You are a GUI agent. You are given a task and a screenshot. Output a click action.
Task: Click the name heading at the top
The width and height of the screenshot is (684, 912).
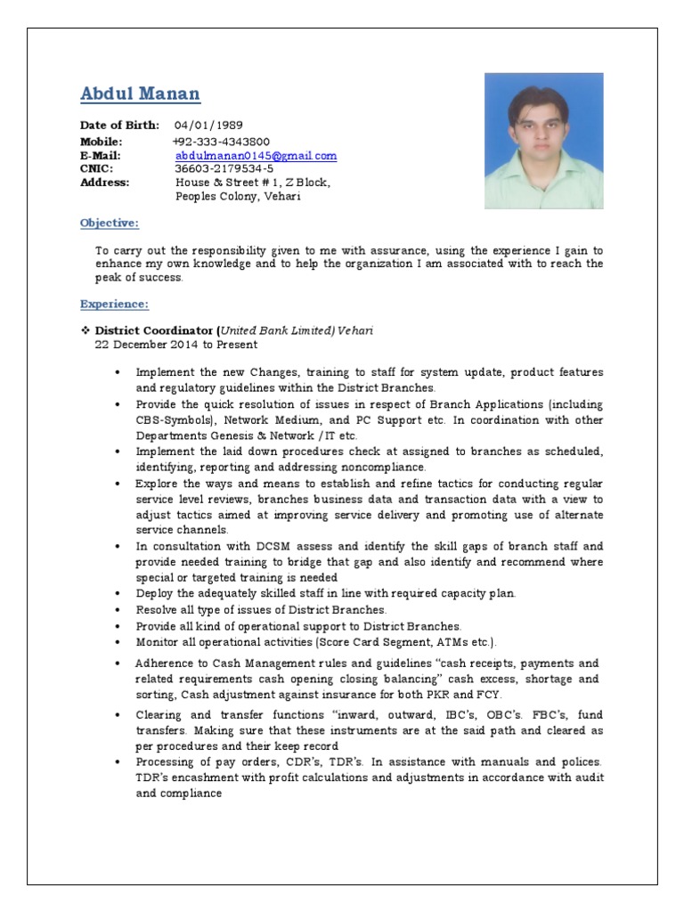click(x=140, y=94)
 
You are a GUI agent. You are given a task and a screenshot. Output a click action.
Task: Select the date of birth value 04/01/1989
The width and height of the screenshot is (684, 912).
click(x=208, y=126)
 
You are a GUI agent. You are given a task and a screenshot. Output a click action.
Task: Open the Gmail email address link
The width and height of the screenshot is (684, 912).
click(x=256, y=155)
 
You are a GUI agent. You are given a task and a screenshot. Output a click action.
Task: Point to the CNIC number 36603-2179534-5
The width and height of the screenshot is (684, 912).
click(x=224, y=168)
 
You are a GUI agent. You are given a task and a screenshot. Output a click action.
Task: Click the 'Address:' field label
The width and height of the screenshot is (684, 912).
click(x=104, y=182)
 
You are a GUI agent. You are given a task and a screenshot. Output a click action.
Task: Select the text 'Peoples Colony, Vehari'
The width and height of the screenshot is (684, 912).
click(x=238, y=196)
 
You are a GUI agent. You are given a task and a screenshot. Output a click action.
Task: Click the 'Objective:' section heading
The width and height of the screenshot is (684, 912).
click(x=110, y=223)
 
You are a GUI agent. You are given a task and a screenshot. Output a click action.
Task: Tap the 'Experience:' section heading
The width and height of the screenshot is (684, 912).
click(x=114, y=305)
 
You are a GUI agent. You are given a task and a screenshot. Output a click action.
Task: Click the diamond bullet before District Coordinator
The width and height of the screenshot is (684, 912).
click(x=85, y=330)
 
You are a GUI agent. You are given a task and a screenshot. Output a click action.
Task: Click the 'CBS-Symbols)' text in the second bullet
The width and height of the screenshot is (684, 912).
click(x=175, y=419)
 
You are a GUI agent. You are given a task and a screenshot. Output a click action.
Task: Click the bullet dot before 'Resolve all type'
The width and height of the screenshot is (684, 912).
click(x=118, y=610)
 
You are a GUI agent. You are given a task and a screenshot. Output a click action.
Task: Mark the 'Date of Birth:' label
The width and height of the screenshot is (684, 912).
click(x=119, y=126)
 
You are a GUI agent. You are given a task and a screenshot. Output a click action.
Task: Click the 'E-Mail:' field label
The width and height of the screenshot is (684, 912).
click(x=100, y=155)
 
